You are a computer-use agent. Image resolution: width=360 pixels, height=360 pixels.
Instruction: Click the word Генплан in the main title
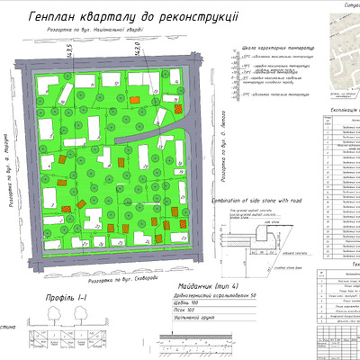(53, 17)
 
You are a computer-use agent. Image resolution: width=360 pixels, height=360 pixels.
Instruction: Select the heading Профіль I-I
(62, 299)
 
